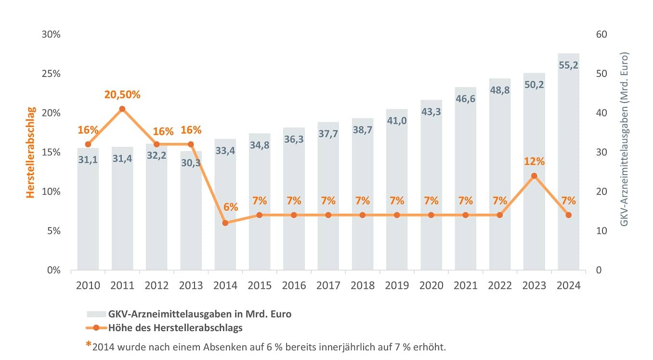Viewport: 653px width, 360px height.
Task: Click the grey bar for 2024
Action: pos(568,162)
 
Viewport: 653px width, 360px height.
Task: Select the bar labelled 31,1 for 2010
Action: pos(88,209)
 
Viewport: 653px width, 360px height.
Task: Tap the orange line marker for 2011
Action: pos(122,109)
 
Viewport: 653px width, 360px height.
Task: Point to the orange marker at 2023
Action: pos(534,176)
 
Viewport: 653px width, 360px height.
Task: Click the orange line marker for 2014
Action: pos(225,223)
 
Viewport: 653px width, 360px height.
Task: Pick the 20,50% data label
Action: pos(122,95)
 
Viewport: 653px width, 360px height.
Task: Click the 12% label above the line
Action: pos(534,161)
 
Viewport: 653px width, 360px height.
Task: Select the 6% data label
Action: pos(231,207)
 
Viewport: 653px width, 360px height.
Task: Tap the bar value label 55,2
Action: pos(568,65)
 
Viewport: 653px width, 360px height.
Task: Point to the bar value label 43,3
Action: pos(431,112)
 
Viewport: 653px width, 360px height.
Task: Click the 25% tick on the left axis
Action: pos(51,74)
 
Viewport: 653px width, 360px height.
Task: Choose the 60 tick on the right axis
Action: pos(601,34)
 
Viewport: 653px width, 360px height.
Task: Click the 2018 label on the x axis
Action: pos(362,285)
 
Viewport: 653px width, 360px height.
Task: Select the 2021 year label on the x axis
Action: pos(465,285)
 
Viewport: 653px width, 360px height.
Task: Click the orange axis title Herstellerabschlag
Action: pos(31,153)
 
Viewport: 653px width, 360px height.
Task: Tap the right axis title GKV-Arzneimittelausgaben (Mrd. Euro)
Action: pos(624,139)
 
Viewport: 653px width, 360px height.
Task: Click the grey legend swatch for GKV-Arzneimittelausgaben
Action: pos(96,314)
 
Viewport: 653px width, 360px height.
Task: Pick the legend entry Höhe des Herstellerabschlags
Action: pos(175,328)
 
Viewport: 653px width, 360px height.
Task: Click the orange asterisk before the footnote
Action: pos(88,344)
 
